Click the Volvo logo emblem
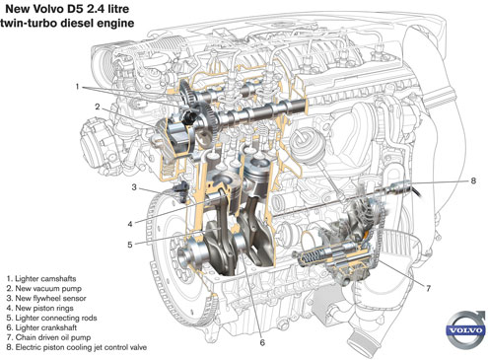(x=465, y=329)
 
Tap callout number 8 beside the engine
(x=473, y=180)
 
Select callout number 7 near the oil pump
(x=428, y=288)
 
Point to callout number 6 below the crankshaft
(x=262, y=342)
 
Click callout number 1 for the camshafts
(x=77, y=87)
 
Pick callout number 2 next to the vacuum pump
(x=98, y=107)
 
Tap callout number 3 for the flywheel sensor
(x=134, y=187)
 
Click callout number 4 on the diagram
(x=130, y=224)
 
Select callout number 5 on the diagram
(x=130, y=245)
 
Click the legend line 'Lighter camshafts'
(x=41, y=279)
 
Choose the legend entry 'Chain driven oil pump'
(x=48, y=337)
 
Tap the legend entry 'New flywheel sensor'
(x=46, y=298)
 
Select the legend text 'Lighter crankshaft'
(x=41, y=327)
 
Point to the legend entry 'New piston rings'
(x=39, y=308)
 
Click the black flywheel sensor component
(x=180, y=190)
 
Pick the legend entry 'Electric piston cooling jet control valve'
(x=76, y=347)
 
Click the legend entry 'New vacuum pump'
(x=43, y=289)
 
